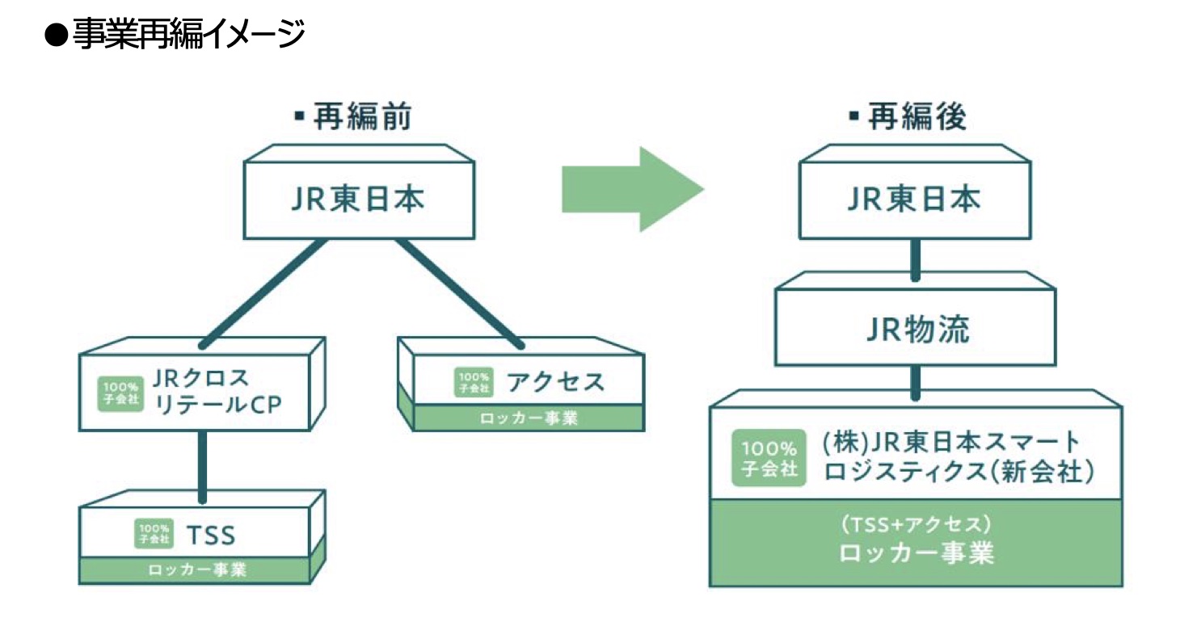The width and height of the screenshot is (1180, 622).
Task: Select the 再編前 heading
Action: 353,118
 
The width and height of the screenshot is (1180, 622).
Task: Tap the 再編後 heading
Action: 908,118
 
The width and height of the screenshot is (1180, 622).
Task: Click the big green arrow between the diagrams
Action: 633,190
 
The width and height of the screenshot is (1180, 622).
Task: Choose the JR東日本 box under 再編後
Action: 913,199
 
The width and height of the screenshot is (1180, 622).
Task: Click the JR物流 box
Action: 914,330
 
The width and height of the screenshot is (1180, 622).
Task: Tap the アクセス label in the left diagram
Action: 555,381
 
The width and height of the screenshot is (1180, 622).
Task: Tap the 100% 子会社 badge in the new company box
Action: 769,457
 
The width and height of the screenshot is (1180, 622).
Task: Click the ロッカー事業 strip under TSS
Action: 196,570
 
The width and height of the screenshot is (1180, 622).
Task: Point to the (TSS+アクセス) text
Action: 915,524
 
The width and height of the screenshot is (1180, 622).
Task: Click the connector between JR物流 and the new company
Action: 915,382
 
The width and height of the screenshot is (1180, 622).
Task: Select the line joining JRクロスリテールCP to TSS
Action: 202,466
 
